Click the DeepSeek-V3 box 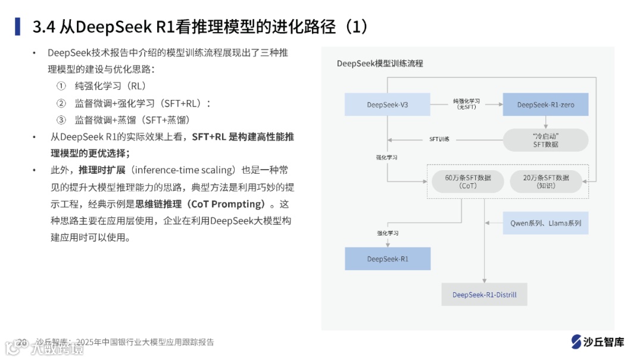388,105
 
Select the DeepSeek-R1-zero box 545,105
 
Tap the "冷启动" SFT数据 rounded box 545,140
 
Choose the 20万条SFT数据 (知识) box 545,181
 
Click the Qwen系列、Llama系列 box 545,223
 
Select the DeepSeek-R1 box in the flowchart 388,259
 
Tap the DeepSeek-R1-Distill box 484,295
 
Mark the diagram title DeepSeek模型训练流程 380,63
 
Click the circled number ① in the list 61,86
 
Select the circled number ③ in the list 61,120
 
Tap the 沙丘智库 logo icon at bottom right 576,342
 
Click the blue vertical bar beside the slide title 18,27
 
